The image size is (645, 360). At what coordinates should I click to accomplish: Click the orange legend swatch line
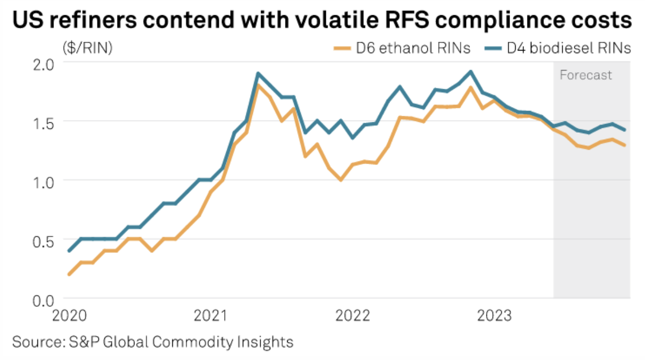(342, 49)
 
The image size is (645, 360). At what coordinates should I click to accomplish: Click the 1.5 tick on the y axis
(46, 122)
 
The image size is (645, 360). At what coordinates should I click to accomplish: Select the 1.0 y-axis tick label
(46, 181)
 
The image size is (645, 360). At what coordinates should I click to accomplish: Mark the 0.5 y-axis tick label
(46, 240)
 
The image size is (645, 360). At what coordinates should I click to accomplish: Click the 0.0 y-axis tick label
(46, 299)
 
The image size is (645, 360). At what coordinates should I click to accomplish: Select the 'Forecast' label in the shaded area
(586, 75)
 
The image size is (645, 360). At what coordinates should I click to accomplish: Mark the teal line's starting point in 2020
(69, 251)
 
